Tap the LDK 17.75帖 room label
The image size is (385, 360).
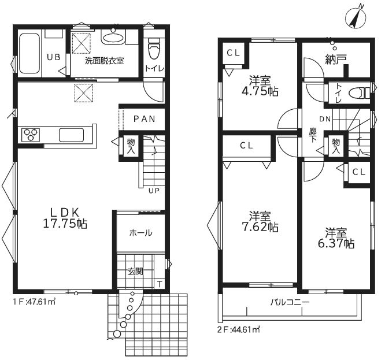click(65, 218)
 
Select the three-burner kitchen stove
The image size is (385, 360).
click(31, 135)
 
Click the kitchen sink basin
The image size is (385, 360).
click(71, 135)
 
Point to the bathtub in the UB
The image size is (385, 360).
click(29, 53)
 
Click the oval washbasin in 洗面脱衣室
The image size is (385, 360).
click(113, 38)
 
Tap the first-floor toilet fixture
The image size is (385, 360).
click(154, 49)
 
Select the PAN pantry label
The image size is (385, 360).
click(145, 119)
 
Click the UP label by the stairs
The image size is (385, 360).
click(154, 191)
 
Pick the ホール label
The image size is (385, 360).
click(140, 233)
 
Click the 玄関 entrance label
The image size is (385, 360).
click(135, 272)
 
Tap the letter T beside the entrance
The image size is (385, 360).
click(160, 284)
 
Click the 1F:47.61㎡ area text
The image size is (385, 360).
click(34, 301)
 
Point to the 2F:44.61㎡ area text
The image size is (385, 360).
click(239, 330)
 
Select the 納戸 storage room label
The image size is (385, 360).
click(336, 60)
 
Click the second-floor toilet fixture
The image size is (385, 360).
click(359, 93)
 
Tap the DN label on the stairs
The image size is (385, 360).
click(325, 119)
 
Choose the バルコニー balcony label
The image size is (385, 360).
click(290, 302)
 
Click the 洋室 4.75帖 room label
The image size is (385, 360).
click(260, 86)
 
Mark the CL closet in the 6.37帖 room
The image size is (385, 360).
click(359, 172)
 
